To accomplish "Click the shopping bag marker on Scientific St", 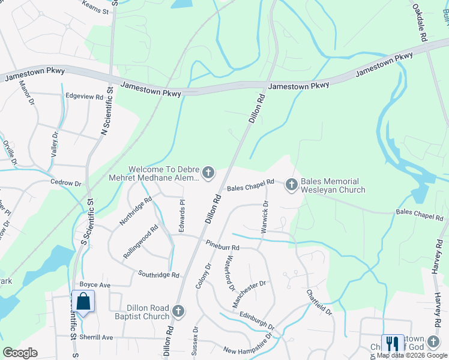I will (x=83, y=302).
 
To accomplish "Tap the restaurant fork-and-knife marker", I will (x=393, y=344).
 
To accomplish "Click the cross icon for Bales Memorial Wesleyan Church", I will (x=292, y=184).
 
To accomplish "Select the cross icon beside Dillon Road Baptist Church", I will (x=178, y=311).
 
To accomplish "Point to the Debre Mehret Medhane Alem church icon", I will (x=208, y=173).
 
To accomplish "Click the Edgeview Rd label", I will (x=85, y=96).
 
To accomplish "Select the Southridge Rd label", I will (x=158, y=275).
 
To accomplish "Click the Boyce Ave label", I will (x=95, y=284).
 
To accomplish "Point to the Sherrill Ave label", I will (x=98, y=337).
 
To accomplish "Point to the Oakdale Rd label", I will (x=420, y=24).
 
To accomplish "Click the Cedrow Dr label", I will (x=65, y=182).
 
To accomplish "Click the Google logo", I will (x=20, y=352).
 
